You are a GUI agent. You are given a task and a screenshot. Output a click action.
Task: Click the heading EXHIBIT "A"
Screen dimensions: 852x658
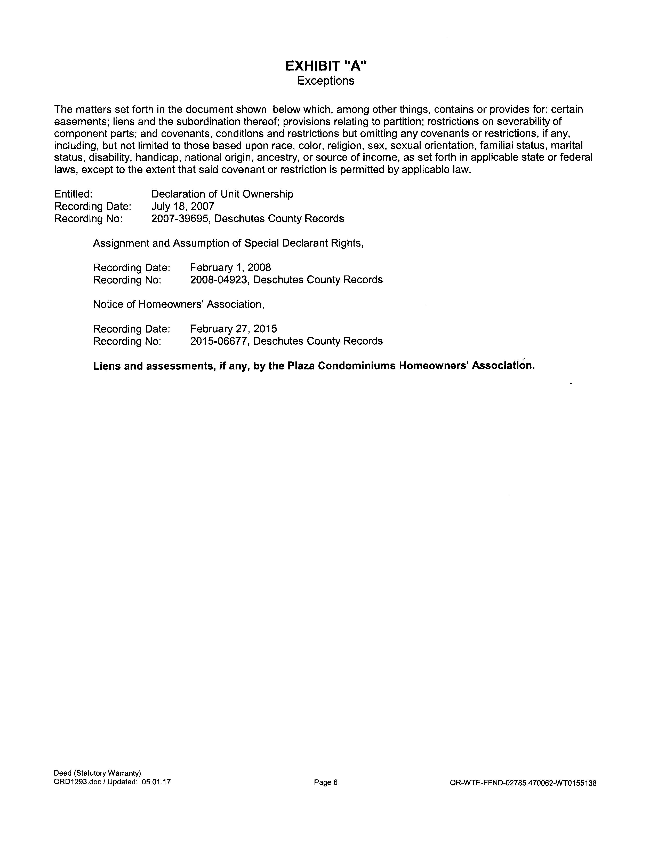tap(326, 66)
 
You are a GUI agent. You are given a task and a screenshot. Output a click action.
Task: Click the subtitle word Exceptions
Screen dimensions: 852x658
tap(326, 81)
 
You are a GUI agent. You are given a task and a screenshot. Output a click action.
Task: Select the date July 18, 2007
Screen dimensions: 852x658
tap(183, 206)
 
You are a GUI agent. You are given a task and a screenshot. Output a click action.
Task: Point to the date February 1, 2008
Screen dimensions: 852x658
tap(230, 268)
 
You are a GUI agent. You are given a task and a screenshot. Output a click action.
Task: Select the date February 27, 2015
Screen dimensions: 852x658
tap(234, 329)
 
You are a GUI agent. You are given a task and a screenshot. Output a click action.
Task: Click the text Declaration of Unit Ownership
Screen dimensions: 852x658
tap(222, 194)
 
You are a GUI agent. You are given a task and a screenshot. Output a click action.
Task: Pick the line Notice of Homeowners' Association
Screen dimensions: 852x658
tap(179, 304)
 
